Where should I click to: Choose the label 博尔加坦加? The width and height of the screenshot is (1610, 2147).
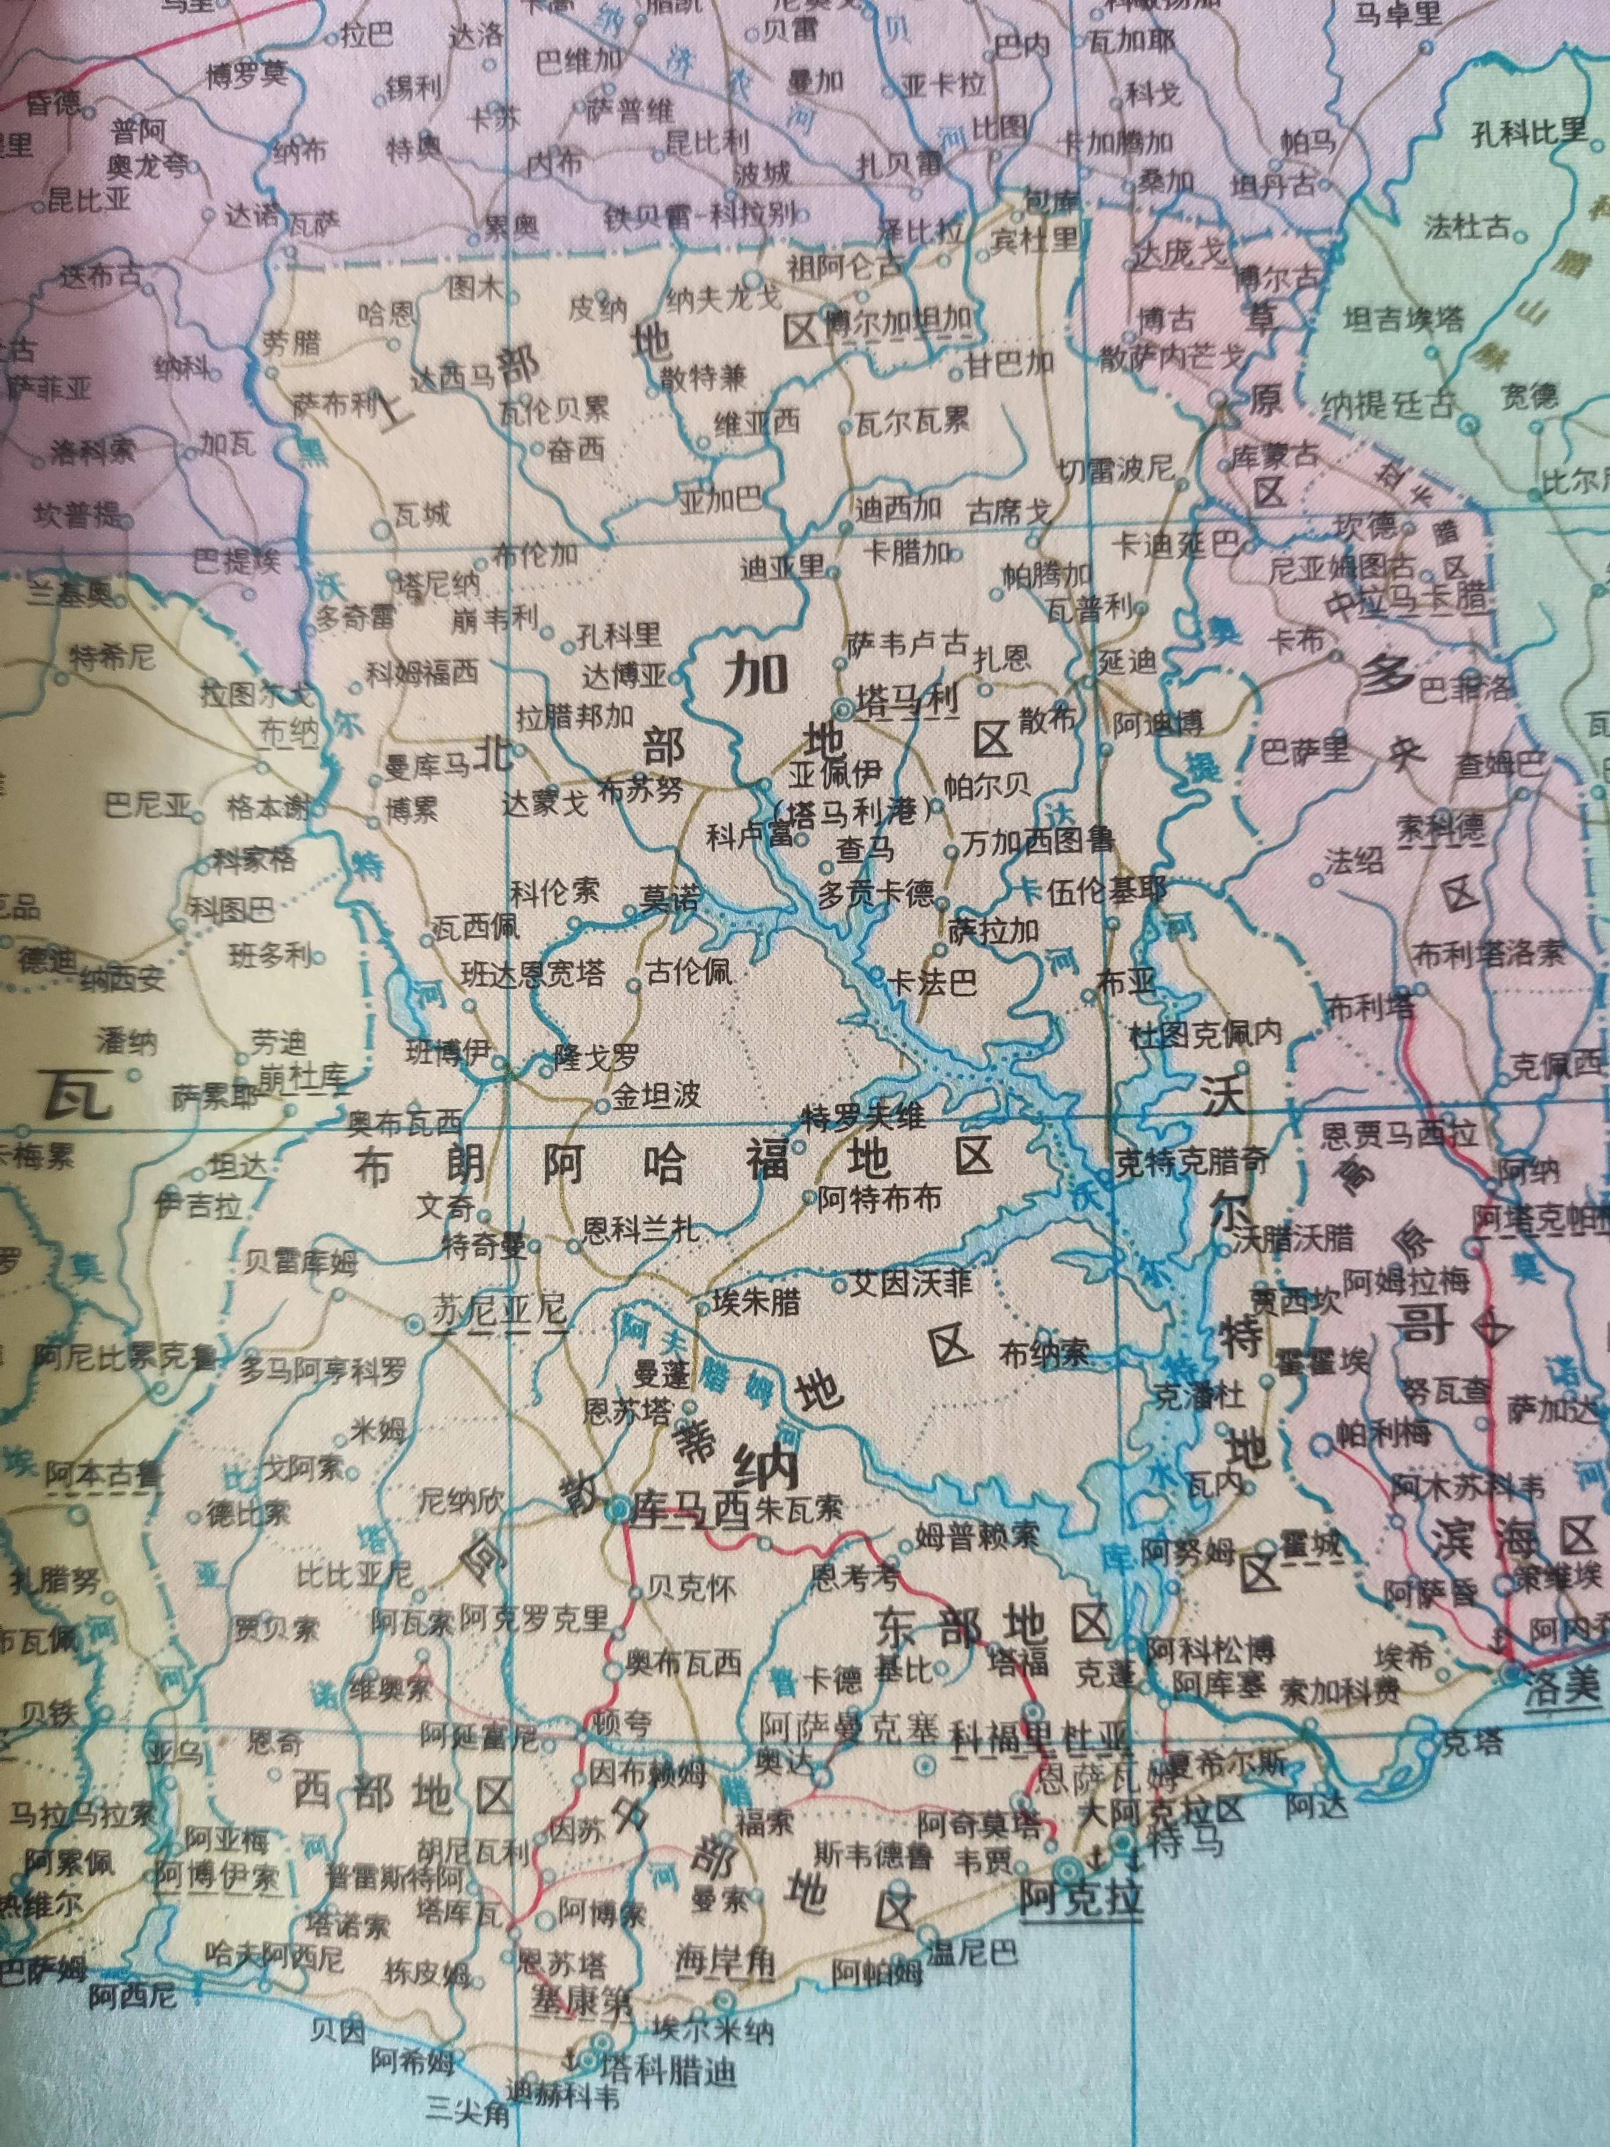pos(898,320)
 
